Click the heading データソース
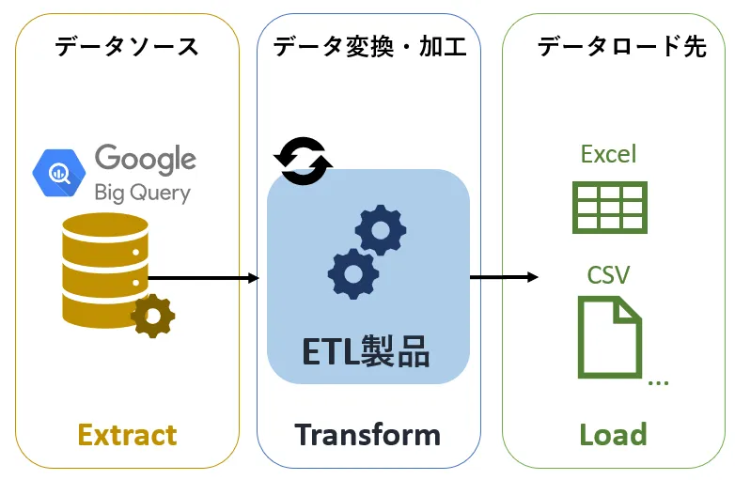[x=126, y=46]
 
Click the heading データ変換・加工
[x=369, y=46]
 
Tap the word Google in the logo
[x=145, y=160]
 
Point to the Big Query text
[x=142, y=193]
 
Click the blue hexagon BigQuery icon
[x=59, y=172]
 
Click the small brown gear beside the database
[x=152, y=316]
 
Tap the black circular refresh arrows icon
[x=303, y=161]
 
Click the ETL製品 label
[x=367, y=351]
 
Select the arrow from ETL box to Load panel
[x=504, y=277]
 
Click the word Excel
[x=608, y=154]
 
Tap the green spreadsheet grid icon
[x=609, y=208]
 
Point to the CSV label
[x=608, y=274]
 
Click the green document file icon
[x=609, y=336]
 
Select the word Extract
[x=127, y=435]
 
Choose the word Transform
[x=367, y=435]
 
